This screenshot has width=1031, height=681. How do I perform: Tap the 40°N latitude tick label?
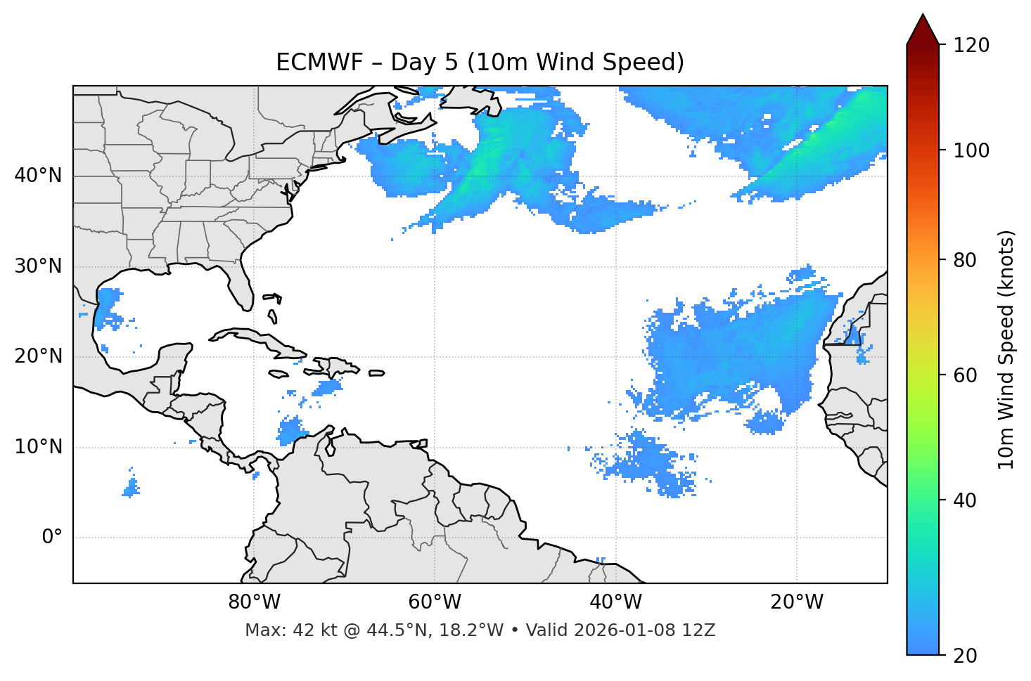tap(38, 176)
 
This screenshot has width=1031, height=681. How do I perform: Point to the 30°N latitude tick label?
tap(38, 266)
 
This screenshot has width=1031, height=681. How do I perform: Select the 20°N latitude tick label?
tap(38, 356)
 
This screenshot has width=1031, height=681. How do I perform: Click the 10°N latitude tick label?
tap(38, 447)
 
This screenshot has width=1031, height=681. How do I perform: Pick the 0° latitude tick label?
tap(52, 538)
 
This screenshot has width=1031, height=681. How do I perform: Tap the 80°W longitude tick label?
tap(254, 602)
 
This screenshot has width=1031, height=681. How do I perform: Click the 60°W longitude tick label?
tap(435, 602)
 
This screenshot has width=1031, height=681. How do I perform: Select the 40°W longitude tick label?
tap(615, 602)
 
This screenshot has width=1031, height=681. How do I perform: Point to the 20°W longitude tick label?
tap(797, 602)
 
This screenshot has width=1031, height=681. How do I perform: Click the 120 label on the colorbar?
tap(971, 45)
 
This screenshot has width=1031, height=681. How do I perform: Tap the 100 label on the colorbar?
tap(971, 150)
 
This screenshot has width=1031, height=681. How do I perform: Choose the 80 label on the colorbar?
tap(966, 260)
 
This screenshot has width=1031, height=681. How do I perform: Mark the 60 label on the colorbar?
tap(966, 375)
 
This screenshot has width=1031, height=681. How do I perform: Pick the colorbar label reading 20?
tap(966, 656)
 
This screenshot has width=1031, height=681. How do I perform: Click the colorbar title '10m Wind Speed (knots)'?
tap(1006, 349)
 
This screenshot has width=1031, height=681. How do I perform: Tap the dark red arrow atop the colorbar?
tap(923, 30)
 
